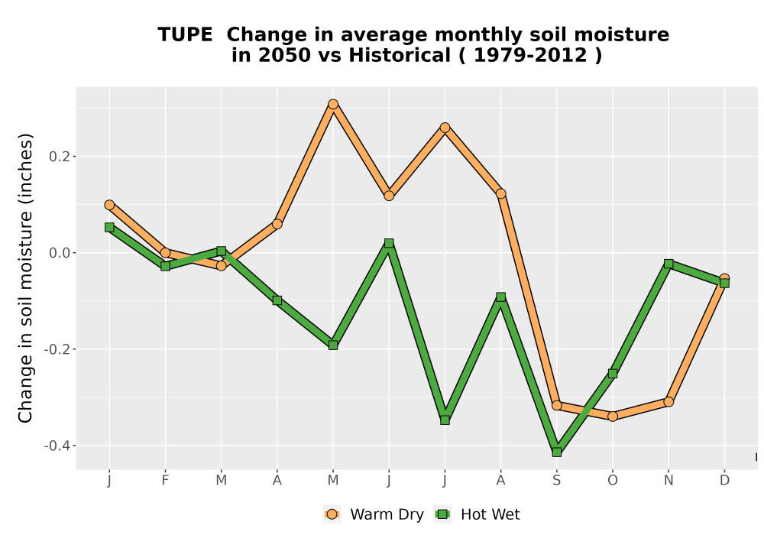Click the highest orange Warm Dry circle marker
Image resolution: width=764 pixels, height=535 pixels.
click(x=333, y=104)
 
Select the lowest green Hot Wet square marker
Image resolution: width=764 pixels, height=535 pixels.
click(x=557, y=452)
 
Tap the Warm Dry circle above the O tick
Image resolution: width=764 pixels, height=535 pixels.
click(x=613, y=416)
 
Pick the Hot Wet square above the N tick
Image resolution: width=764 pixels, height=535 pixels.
click(x=668, y=264)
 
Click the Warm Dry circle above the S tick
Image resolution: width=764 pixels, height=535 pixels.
click(x=557, y=405)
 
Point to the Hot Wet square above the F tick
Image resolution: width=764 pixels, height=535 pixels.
click(x=165, y=266)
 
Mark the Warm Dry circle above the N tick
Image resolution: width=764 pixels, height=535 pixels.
click(x=668, y=402)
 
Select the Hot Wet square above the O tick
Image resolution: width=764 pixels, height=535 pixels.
click(x=613, y=374)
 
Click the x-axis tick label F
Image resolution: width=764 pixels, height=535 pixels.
click(x=165, y=481)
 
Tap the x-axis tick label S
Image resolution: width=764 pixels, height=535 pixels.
click(x=557, y=481)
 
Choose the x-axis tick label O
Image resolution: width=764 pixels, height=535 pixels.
click(x=613, y=481)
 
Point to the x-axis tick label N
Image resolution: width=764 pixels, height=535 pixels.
click(x=668, y=481)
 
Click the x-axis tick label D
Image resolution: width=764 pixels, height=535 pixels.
click(x=724, y=481)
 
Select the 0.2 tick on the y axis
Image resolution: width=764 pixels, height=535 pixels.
click(x=60, y=157)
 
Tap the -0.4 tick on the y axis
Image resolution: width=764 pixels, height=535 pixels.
click(x=57, y=446)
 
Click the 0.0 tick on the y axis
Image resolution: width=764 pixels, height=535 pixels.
click(x=60, y=253)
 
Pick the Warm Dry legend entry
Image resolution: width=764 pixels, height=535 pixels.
click(x=374, y=514)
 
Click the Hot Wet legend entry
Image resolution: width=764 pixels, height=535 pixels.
click(x=477, y=514)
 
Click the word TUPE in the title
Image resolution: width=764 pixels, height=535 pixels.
click(x=185, y=35)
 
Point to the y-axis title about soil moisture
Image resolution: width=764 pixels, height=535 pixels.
click(x=25, y=277)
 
